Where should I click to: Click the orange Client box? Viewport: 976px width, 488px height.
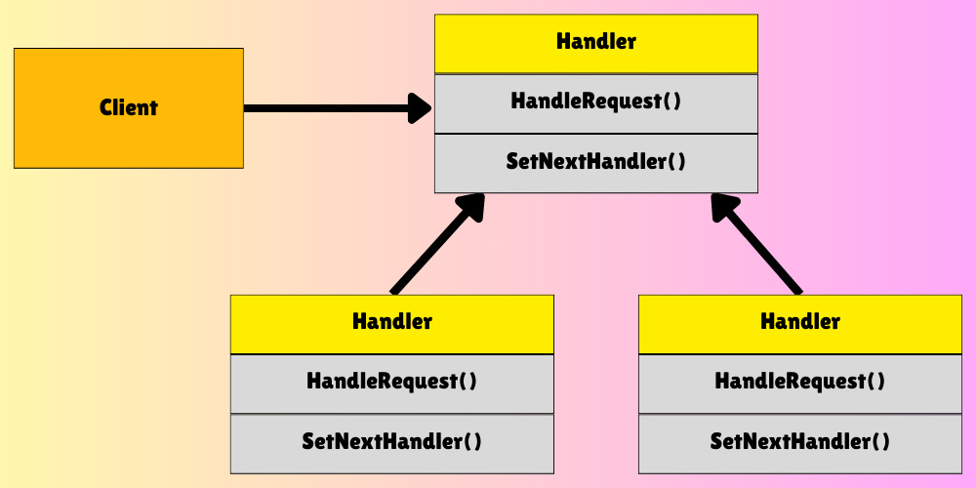(x=59, y=137)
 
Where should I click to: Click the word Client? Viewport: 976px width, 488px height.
(x=129, y=107)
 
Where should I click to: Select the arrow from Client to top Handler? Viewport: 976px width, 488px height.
(x=322, y=108)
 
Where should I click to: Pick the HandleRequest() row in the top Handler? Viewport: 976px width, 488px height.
(x=595, y=102)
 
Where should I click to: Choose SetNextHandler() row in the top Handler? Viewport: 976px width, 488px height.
(x=595, y=162)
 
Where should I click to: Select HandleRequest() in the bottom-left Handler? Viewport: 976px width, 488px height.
(x=391, y=383)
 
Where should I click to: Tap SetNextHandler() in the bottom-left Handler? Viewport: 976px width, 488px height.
(x=391, y=442)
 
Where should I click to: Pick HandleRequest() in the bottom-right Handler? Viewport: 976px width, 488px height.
(x=800, y=383)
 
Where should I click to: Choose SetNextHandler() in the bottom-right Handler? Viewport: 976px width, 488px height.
(x=800, y=442)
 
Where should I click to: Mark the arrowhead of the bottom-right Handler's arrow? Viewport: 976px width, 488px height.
(x=724, y=206)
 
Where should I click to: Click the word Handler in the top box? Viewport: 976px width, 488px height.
(x=595, y=42)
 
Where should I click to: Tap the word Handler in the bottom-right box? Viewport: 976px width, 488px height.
(x=800, y=322)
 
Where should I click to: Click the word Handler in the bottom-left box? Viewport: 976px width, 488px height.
(x=391, y=322)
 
